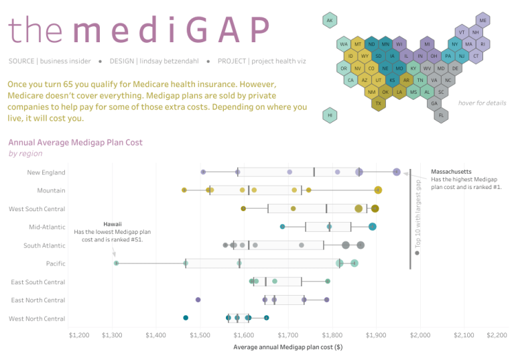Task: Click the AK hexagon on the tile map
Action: [329, 21]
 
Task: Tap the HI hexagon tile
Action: [329, 115]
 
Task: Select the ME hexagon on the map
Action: [483, 21]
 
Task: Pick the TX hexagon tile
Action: [378, 103]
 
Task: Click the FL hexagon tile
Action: [441, 115]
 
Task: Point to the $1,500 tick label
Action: [200, 334]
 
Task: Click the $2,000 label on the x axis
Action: [420, 334]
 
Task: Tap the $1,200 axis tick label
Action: [79, 334]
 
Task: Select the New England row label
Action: [46, 172]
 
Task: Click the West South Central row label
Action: [37, 209]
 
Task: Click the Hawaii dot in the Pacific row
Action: [116, 263]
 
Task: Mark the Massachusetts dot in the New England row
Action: [397, 172]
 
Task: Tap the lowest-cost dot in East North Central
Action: [198, 300]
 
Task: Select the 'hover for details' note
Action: [482, 103]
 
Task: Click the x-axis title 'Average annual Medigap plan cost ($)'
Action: [287, 347]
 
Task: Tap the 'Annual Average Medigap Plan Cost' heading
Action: [75, 142]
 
